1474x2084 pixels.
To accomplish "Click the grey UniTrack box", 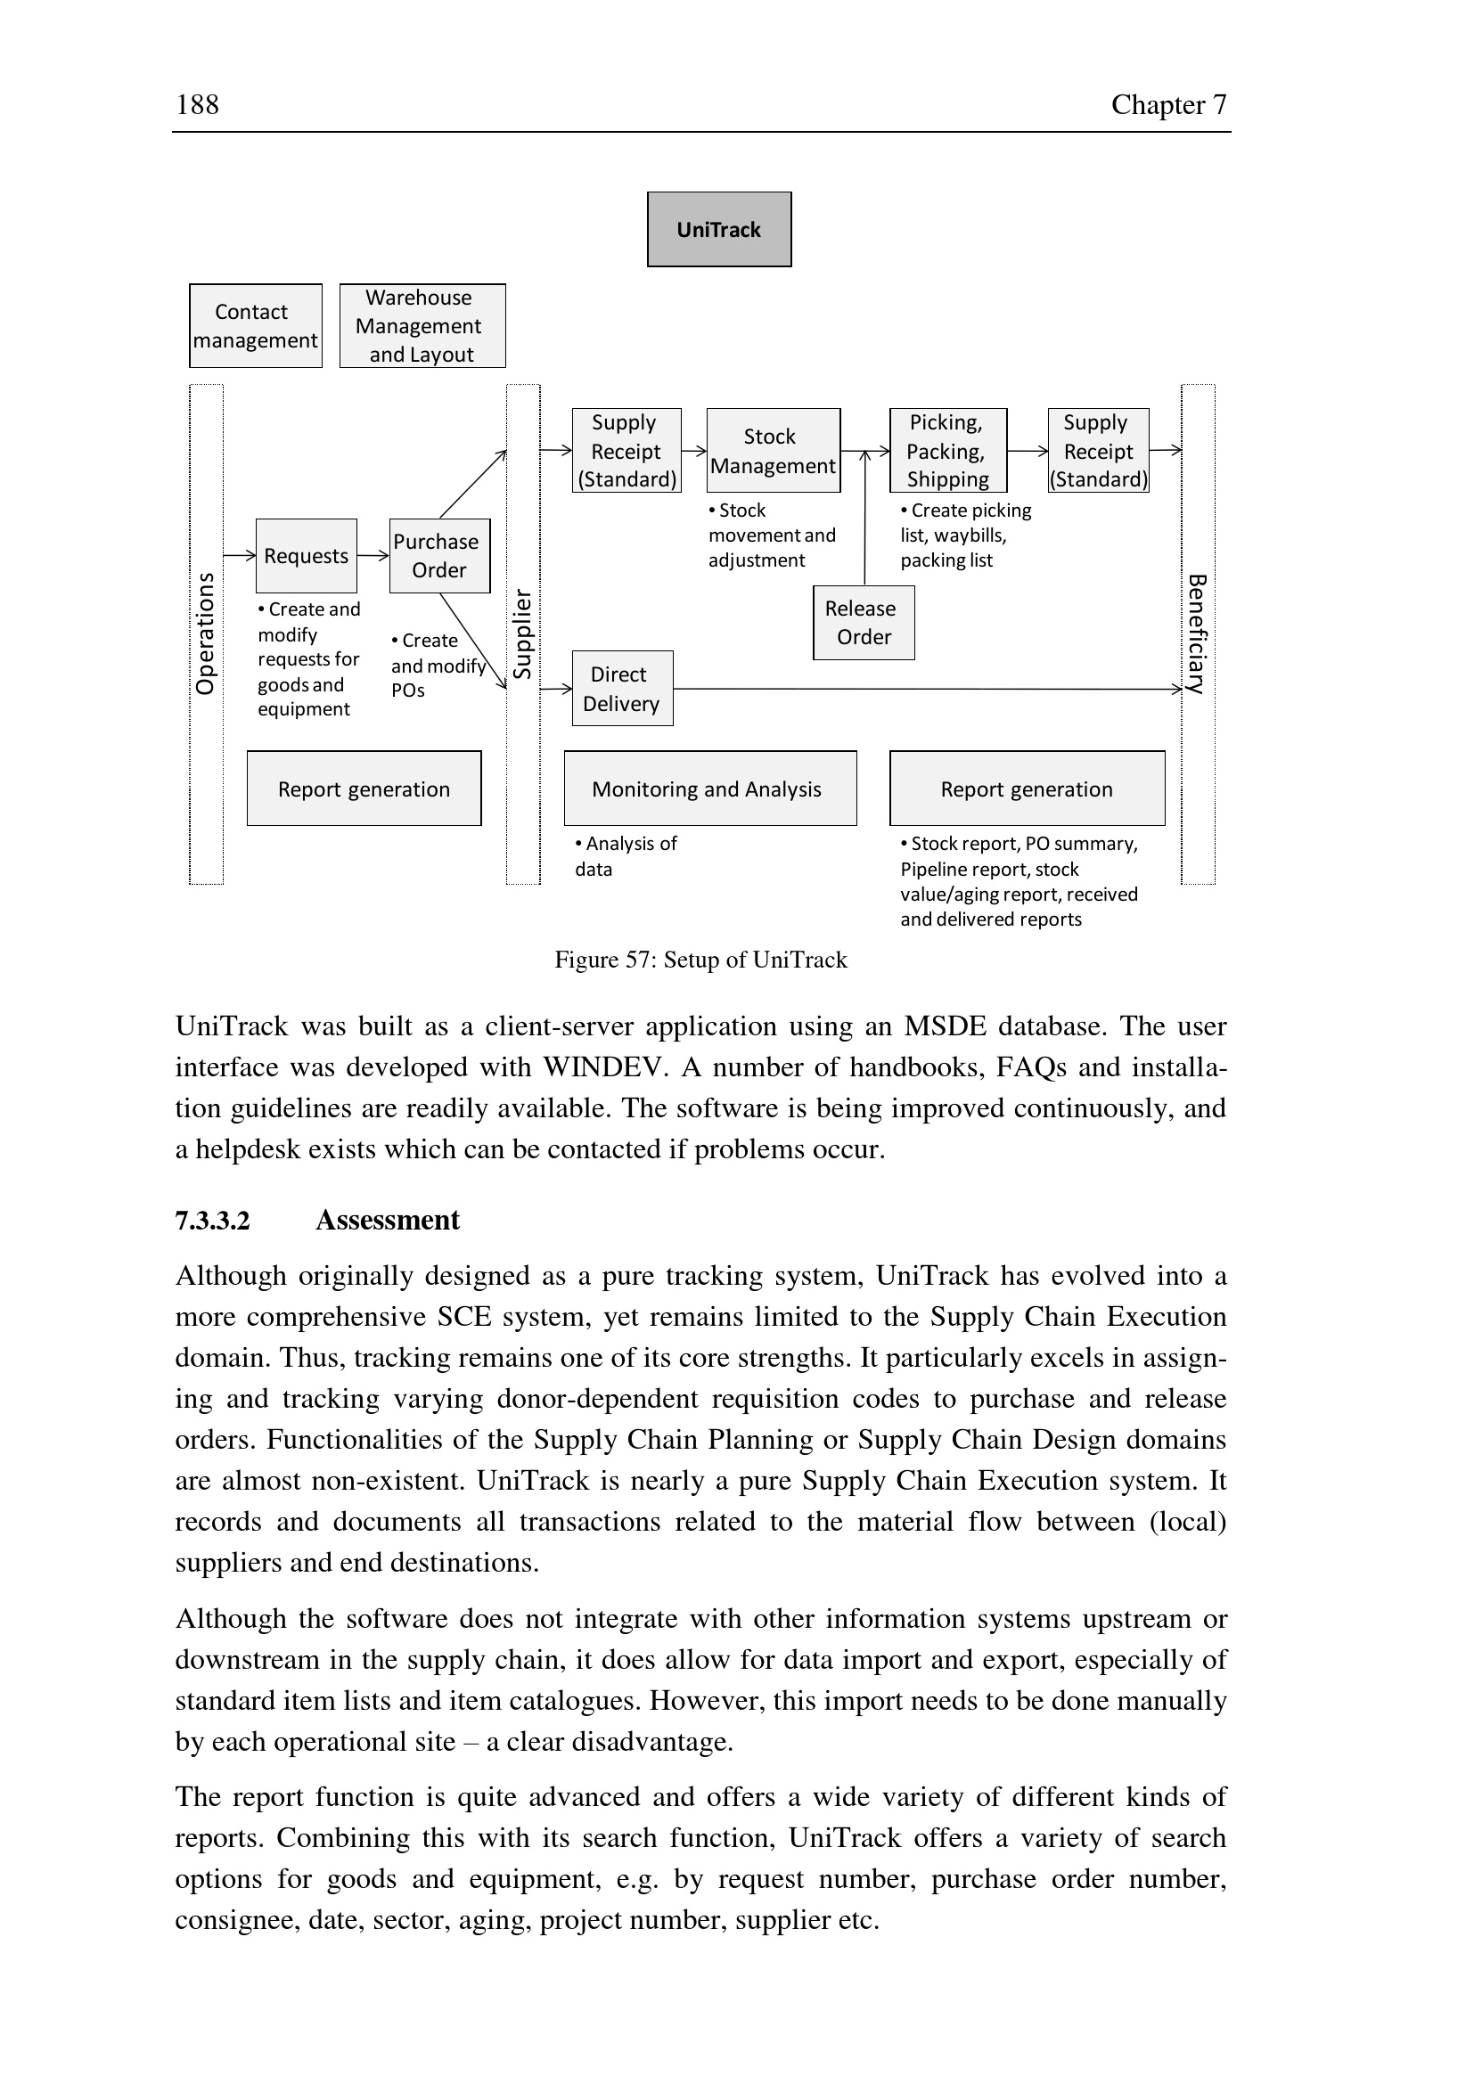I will tap(719, 230).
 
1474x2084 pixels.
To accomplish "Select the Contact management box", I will tap(255, 326).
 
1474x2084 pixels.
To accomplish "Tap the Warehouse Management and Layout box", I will tap(422, 326).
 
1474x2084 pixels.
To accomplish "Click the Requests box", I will tap(306, 555).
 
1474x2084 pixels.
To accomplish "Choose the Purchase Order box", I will tap(439, 555).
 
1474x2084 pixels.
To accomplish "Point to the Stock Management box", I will tap(774, 450).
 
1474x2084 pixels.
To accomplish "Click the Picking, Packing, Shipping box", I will tap(947, 450).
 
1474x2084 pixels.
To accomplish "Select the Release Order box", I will tap(864, 623).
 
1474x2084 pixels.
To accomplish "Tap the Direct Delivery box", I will tap(622, 688).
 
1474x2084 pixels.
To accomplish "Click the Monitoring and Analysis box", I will tap(709, 788).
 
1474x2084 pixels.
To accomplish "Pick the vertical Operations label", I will tap(206, 633).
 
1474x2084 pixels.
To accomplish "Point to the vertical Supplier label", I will tap(523, 633).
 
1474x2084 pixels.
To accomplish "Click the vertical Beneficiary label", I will tap(1197, 633).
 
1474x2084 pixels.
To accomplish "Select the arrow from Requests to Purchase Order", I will tap(373, 554).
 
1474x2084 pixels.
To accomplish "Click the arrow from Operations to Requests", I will tap(240, 554).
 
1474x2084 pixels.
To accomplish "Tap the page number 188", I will tap(197, 104).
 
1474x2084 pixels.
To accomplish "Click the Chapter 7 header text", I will tap(1168, 104).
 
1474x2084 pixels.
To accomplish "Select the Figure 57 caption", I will tap(700, 960).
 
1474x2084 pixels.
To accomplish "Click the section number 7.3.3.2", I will tap(212, 1220).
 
